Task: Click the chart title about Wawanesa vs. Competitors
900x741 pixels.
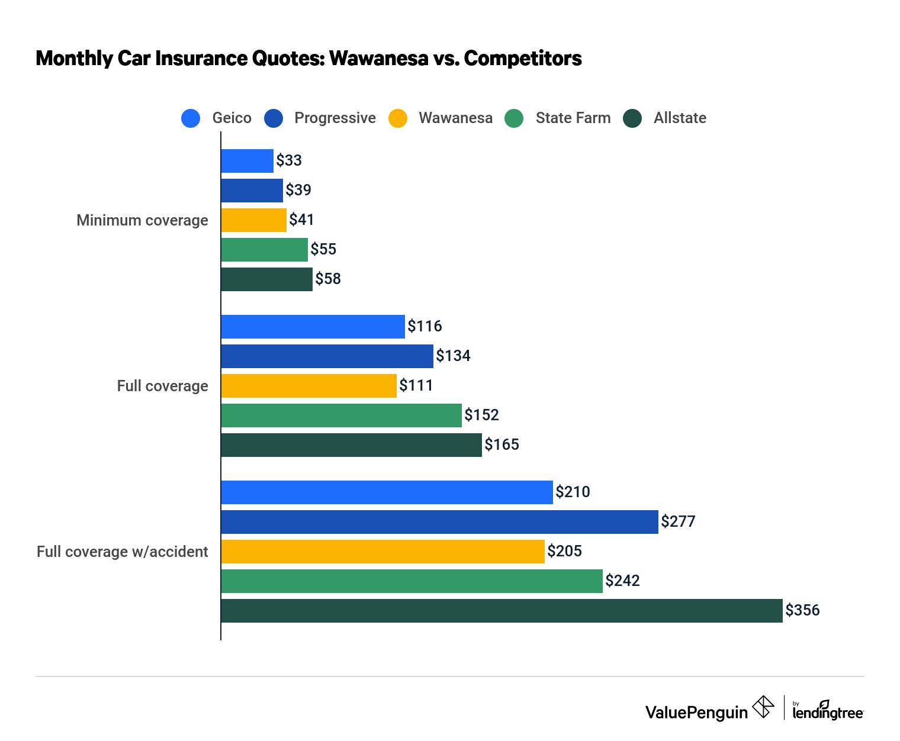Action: tap(308, 59)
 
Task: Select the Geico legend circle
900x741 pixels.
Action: tap(191, 118)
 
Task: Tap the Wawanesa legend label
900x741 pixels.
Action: tap(455, 118)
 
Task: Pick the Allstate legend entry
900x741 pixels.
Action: tap(679, 118)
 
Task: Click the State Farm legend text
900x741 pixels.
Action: tap(573, 118)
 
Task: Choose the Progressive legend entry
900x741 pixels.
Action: tap(335, 118)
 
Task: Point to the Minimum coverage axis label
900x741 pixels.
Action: tap(142, 220)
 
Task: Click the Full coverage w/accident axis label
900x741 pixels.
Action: tap(123, 552)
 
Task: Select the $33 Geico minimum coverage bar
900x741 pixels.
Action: tap(247, 161)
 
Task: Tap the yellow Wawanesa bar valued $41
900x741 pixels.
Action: tap(254, 220)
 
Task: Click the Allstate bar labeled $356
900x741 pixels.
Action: tap(502, 611)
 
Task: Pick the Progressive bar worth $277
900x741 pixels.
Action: tap(439, 522)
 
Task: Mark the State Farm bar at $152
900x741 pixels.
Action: tap(341, 415)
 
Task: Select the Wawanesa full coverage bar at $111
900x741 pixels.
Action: tap(308, 386)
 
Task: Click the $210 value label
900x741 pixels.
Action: tap(573, 492)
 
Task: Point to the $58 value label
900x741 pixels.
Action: tap(328, 279)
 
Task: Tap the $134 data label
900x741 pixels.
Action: tap(453, 356)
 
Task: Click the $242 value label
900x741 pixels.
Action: tap(622, 581)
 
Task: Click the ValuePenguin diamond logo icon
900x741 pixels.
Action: tap(763, 707)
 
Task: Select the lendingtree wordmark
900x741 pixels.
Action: tap(828, 711)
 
